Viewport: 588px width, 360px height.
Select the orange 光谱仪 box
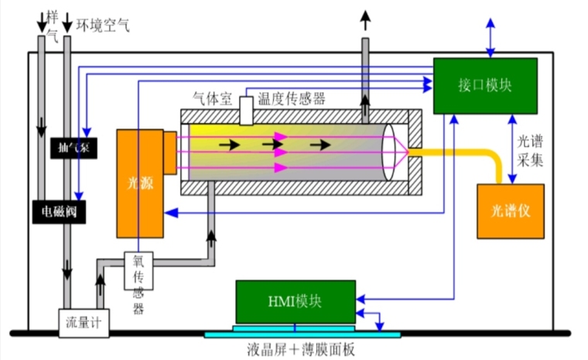pyautogui.click(x=509, y=211)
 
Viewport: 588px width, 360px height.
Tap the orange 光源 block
pyautogui.click(x=139, y=183)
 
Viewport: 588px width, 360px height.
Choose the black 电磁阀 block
pyautogui.click(x=58, y=210)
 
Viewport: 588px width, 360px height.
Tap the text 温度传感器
pyautogui.click(x=292, y=98)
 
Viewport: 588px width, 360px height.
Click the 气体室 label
pyautogui.click(x=213, y=98)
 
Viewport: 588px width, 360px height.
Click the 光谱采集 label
pyautogui.click(x=531, y=152)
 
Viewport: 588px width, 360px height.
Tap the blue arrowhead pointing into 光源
pyautogui.click(x=168, y=211)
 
